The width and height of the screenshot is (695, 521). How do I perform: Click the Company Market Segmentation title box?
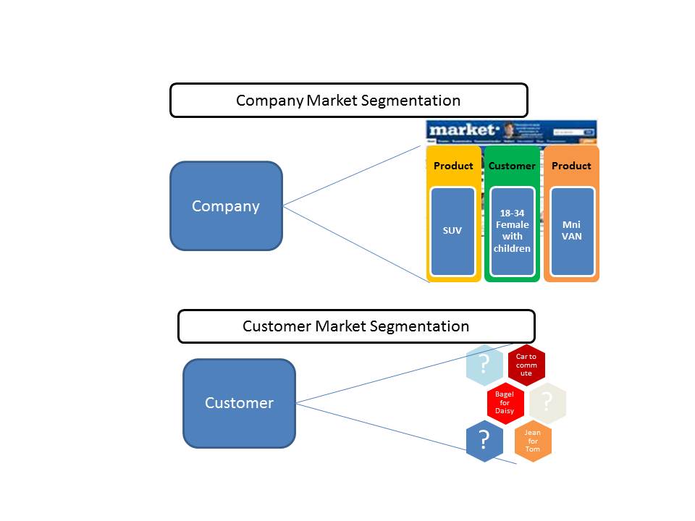click(348, 100)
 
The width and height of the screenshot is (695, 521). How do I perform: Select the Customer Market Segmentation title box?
click(356, 326)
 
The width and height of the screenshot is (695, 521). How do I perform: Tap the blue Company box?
click(226, 206)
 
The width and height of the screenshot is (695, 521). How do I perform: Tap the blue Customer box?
click(239, 403)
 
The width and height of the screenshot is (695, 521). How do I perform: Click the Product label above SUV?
click(453, 166)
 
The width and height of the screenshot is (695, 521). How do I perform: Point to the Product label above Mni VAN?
click(571, 166)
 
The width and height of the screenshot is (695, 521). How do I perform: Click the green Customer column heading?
click(512, 166)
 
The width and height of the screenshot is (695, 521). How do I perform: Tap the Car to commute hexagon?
click(526, 364)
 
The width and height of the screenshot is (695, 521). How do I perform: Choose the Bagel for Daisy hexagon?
click(505, 403)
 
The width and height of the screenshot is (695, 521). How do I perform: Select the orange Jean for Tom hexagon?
click(532, 441)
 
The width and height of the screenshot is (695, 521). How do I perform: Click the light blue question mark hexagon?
click(484, 364)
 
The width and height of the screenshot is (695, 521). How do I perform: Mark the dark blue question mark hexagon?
click(484, 441)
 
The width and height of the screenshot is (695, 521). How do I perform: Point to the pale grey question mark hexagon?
click(547, 402)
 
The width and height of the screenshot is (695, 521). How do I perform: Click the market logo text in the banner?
click(463, 130)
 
